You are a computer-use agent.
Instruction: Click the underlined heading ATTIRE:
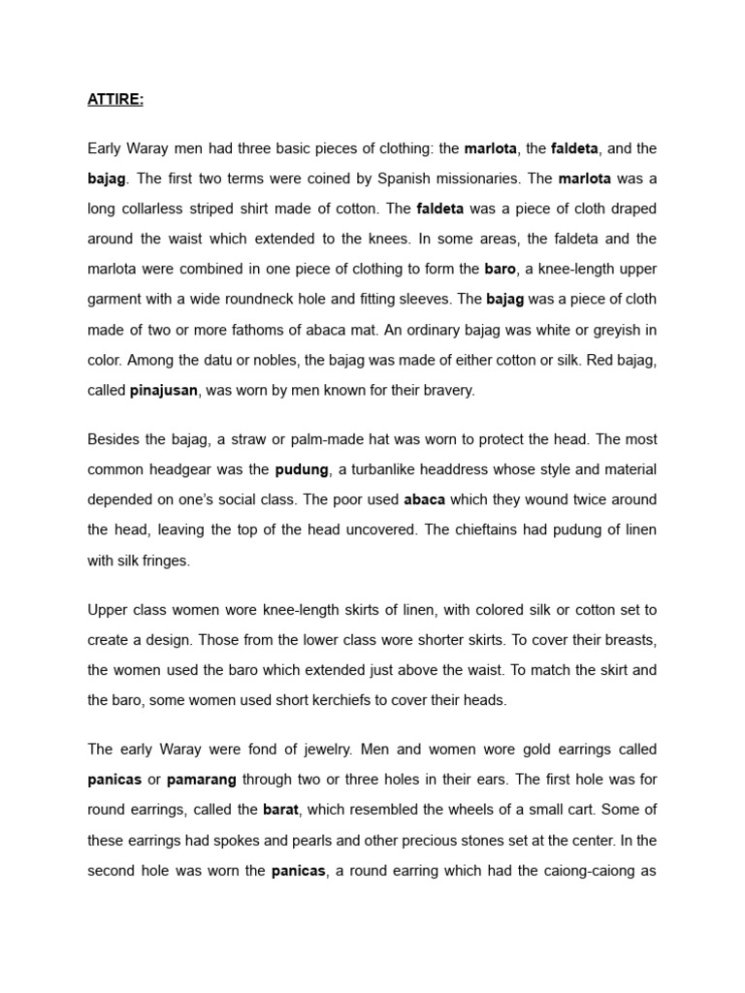[115, 100]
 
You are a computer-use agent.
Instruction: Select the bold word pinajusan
[163, 389]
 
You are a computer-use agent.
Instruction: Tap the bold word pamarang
[202, 779]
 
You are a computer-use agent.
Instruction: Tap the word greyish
[612, 330]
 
